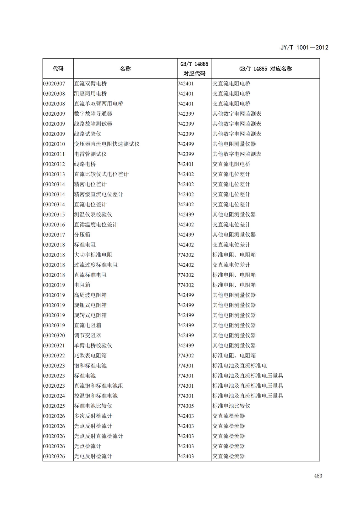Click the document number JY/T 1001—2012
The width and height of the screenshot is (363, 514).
[304, 48]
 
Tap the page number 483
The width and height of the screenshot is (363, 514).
[318, 476]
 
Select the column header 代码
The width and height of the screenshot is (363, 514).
[58, 69]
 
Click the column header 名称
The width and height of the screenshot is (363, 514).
[125, 69]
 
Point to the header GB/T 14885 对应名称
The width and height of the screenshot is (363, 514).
[265, 69]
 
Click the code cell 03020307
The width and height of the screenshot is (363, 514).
[54, 84]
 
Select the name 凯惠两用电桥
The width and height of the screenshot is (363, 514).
[90, 94]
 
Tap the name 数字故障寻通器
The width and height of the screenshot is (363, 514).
[93, 114]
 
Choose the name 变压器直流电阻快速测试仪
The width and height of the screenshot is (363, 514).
[107, 144]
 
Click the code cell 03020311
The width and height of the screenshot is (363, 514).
[54, 154]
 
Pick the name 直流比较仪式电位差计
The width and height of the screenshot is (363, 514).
[101, 174]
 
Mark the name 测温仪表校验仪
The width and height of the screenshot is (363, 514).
[93, 215]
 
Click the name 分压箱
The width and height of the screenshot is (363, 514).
[82, 235]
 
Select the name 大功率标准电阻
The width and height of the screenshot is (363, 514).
[93, 255]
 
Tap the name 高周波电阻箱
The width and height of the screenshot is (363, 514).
[90, 295]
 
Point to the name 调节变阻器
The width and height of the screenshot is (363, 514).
[88, 335]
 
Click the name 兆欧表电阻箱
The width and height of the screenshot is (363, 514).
[90, 355]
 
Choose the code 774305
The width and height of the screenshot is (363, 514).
[186, 406]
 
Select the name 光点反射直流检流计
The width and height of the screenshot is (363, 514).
[99, 436]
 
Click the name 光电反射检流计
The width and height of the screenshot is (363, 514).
[93, 456]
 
